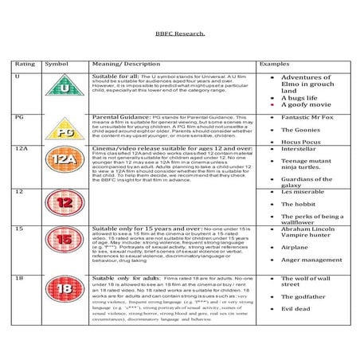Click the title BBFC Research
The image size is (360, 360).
180,35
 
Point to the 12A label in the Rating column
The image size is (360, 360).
22,148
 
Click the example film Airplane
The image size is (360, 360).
295,248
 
